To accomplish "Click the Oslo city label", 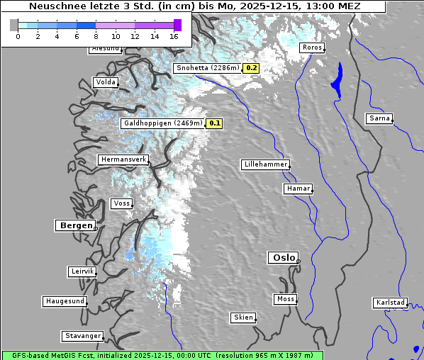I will [x=283, y=258].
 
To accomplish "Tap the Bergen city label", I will [x=74, y=225].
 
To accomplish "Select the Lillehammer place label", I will [x=265, y=164].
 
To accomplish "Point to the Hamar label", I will [x=297, y=189].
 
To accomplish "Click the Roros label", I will [x=312, y=47].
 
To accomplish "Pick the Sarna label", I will [x=379, y=118].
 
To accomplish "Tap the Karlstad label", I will [x=390, y=303].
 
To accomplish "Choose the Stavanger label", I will [x=82, y=336].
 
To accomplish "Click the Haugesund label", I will [x=65, y=301].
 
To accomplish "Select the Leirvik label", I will [x=82, y=271].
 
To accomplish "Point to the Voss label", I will [x=121, y=203].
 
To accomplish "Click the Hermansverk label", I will [x=123, y=160].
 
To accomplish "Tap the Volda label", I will [x=105, y=82].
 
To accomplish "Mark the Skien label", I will [x=243, y=317].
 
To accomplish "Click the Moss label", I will [x=285, y=299].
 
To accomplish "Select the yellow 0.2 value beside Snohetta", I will [x=252, y=68].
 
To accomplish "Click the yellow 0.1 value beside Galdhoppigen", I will [x=215, y=123].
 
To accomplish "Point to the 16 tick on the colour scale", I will [x=174, y=36].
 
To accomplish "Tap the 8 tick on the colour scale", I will [x=96, y=36].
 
